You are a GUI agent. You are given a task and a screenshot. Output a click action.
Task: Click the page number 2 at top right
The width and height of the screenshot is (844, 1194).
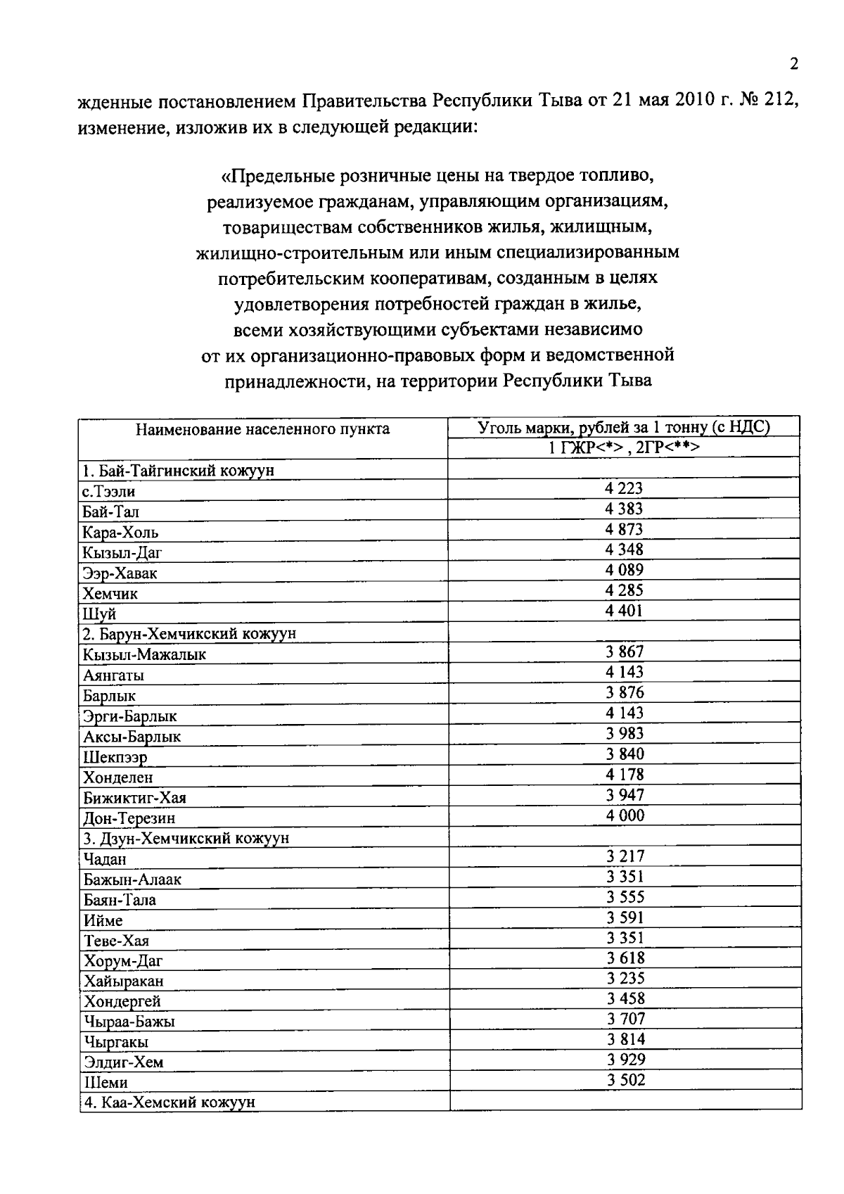(x=794, y=65)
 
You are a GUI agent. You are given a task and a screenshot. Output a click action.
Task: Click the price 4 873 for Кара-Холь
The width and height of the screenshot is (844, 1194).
(x=624, y=529)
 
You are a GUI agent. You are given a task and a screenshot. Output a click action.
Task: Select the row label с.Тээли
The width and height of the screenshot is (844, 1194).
(x=109, y=491)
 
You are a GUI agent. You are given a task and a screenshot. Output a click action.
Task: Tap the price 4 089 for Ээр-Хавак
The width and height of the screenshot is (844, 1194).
(x=624, y=570)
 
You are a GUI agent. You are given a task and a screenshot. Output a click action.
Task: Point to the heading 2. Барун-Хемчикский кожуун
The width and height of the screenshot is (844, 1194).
(x=189, y=633)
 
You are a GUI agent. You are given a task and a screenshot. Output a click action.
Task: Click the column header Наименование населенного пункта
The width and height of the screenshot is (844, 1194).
(x=262, y=428)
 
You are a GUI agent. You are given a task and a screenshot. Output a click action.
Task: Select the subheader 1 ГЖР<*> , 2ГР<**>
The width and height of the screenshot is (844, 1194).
(x=624, y=447)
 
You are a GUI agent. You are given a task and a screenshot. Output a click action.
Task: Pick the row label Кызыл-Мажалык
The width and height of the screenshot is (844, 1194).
(x=145, y=654)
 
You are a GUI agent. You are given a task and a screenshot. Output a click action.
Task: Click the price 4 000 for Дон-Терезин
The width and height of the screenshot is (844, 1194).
(x=624, y=815)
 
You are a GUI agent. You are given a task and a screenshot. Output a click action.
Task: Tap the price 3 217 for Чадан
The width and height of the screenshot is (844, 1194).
(x=624, y=856)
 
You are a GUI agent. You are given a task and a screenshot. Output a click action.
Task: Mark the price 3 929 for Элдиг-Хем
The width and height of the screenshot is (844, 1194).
(x=625, y=1060)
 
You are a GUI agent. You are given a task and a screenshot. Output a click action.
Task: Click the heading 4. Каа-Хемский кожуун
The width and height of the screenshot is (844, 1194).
(x=169, y=1103)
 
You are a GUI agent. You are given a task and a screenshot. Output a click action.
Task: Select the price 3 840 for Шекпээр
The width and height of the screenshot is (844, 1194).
(x=625, y=754)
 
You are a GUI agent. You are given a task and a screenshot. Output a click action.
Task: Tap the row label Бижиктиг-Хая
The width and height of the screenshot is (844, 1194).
(x=135, y=798)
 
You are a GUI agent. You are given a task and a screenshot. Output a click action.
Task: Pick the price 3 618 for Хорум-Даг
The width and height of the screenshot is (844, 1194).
(x=625, y=958)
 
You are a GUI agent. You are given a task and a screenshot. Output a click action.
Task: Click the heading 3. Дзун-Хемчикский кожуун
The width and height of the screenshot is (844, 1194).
(x=186, y=838)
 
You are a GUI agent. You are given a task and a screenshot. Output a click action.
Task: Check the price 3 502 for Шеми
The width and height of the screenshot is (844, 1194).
(x=625, y=1080)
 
